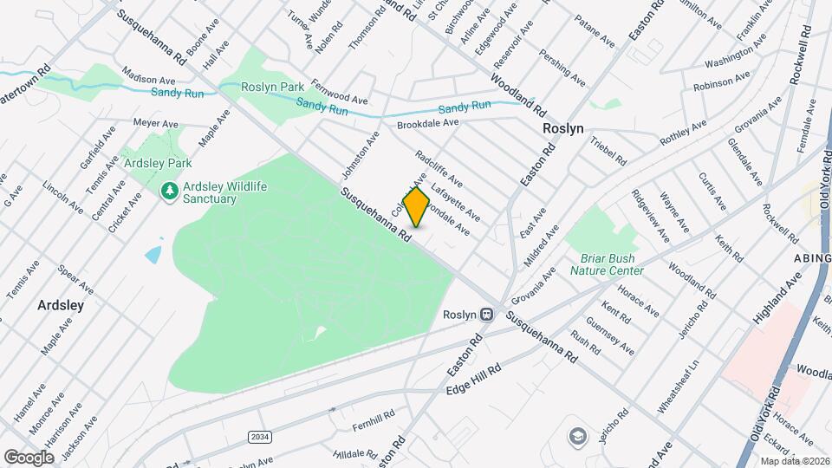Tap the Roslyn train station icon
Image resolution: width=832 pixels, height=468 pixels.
tap(488, 315)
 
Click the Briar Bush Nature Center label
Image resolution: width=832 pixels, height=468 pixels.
tap(607, 264)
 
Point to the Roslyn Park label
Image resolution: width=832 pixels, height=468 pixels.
tap(273, 87)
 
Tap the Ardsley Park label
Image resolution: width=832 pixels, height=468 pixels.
tap(157, 163)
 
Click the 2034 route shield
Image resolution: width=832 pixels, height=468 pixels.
tap(257, 436)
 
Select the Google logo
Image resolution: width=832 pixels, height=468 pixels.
tap(29, 457)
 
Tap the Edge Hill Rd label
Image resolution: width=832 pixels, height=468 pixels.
tap(474, 380)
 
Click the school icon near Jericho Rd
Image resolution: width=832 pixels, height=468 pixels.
tap(576, 435)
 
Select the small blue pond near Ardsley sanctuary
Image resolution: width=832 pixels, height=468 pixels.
tap(153, 254)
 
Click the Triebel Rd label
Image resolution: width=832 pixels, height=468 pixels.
tap(609, 151)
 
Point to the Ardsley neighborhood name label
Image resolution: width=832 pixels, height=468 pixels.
tap(61, 305)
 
